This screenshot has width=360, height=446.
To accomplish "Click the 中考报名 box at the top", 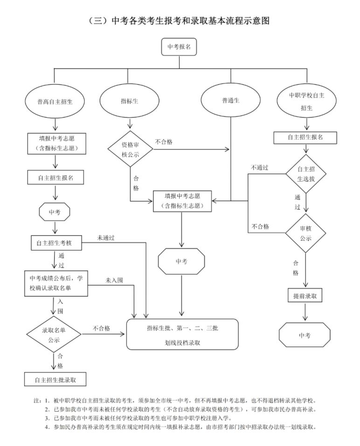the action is coord(179,47).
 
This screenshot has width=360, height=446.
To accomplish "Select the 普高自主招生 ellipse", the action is coord(55,101).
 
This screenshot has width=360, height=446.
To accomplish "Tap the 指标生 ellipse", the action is coord(129,101).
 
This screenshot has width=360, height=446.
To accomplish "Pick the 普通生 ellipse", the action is coord(231,100).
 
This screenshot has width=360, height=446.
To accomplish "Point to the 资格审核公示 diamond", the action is coord(130,149).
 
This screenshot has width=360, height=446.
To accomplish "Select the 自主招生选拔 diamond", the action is coord(306,174).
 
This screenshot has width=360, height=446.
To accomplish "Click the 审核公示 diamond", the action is coord(305,233).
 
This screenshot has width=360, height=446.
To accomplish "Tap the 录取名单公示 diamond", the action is coord(54,334).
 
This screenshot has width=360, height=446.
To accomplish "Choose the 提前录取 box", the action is coord(305,296).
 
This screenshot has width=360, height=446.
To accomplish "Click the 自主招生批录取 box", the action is coord(55,379).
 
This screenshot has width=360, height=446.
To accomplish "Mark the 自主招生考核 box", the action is coord(56,243).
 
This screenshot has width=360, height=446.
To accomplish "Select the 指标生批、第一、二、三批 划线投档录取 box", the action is coord(182,334).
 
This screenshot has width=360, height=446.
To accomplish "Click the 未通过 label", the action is coord(106,238).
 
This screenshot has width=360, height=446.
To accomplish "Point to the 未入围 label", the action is coord(114,280).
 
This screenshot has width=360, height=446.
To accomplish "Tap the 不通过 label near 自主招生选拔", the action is coord(259,167).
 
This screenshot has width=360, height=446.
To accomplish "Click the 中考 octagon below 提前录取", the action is coord(305,335).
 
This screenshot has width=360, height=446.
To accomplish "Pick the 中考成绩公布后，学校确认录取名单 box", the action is coord(56,283).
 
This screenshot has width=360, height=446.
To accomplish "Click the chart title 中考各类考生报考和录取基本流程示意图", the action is coord(180,21).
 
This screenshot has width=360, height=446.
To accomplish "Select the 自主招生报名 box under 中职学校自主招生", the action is coord(305,137).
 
